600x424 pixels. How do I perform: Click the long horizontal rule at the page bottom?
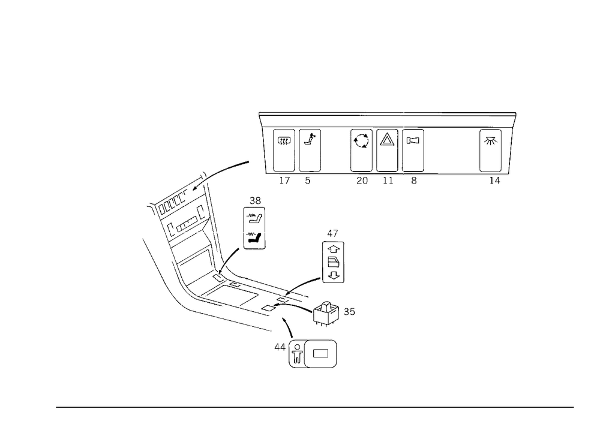tap(315, 407)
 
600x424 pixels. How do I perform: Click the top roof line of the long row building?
tap(312, 112)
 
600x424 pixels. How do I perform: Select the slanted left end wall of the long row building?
tap(262, 144)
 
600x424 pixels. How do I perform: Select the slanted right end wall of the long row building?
tap(512, 144)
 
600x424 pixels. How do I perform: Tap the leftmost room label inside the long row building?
tap(284, 142)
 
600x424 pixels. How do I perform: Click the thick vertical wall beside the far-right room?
tap(500, 150)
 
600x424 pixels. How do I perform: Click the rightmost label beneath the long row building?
tap(496, 181)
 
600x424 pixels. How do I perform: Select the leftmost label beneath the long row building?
tap(287, 181)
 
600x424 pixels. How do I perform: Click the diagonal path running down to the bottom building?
tap(288, 333)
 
